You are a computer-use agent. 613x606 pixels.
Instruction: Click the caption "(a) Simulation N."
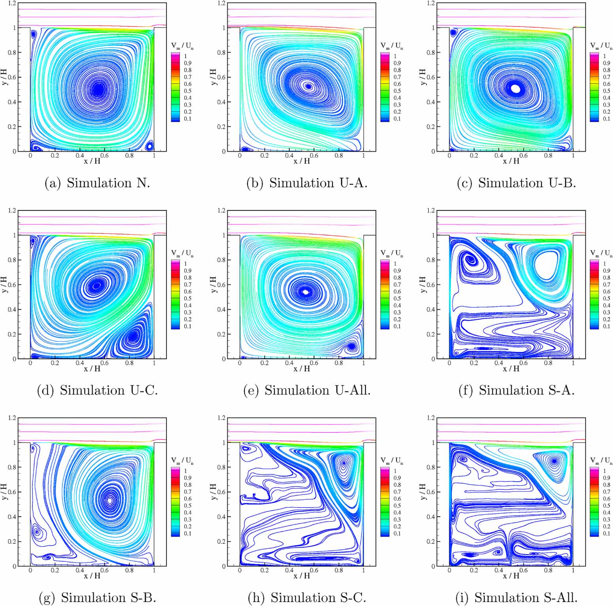pyautogui.click(x=97, y=183)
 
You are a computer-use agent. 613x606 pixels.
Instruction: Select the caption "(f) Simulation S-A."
pyautogui.click(x=516, y=390)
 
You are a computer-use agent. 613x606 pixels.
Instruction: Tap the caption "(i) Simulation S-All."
pyautogui.click(x=516, y=597)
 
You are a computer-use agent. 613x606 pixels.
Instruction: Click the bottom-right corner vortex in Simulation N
pyautogui.click(x=149, y=146)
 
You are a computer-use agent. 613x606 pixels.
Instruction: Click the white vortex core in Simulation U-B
pyautogui.click(x=515, y=89)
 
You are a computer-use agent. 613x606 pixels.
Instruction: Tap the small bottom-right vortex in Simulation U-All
pyautogui.click(x=351, y=347)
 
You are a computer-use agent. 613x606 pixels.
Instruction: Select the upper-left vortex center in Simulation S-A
pyautogui.click(x=471, y=259)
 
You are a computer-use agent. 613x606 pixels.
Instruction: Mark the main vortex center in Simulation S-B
pyautogui.click(x=110, y=500)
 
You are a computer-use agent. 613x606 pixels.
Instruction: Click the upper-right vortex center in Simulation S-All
pyautogui.click(x=554, y=461)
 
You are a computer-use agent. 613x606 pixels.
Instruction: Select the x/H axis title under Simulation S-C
pyautogui.click(x=301, y=576)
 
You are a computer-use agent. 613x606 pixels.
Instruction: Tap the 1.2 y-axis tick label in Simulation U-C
pyautogui.click(x=12, y=210)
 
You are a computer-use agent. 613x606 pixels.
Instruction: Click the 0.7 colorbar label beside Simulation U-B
pyautogui.click(x=606, y=77)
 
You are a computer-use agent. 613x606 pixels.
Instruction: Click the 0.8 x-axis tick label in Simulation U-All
pyautogui.click(x=339, y=363)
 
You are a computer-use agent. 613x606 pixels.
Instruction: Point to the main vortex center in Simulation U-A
pyautogui.click(x=308, y=86)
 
